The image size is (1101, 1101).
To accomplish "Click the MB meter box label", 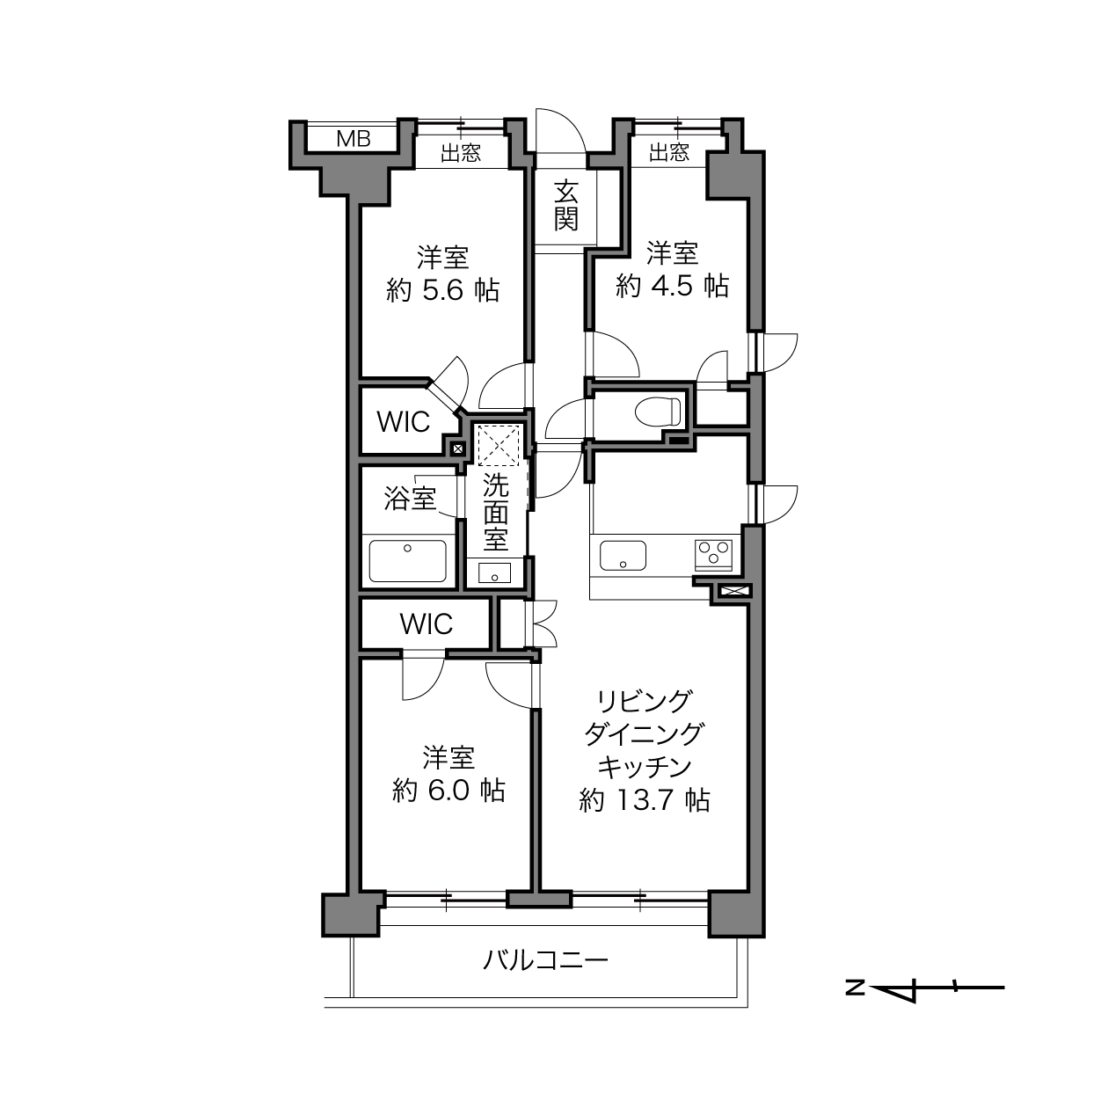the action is (x=354, y=139).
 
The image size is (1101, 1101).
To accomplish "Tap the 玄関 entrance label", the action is (x=565, y=205).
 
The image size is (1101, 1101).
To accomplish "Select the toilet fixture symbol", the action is (x=658, y=411).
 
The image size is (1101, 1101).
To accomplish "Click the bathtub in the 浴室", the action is (x=407, y=560).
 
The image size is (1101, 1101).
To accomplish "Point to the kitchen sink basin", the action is (x=623, y=556).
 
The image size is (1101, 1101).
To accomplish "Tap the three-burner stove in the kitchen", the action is (x=713, y=554).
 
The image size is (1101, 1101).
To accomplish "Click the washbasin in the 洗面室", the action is (x=494, y=572).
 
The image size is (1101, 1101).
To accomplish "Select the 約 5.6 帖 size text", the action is (x=443, y=291).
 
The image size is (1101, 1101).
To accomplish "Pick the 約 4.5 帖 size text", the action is (x=672, y=285).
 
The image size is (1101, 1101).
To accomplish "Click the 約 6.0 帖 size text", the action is (x=448, y=791).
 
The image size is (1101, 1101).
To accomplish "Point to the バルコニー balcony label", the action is (x=545, y=960).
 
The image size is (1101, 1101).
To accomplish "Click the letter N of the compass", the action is (x=855, y=987).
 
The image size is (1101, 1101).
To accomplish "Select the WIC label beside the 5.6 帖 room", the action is (x=404, y=421).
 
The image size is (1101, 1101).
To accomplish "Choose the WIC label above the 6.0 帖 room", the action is (x=427, y=623).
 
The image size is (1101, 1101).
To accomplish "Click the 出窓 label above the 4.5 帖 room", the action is (x=669, y=152).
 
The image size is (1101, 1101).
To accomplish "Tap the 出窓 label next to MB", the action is (x=461, y=152).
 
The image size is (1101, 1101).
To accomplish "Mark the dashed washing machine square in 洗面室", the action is (x=498, y=446).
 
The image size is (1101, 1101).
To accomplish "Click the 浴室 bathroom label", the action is (x=410, y=499).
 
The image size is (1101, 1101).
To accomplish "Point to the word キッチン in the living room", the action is (x=645, y=768).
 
